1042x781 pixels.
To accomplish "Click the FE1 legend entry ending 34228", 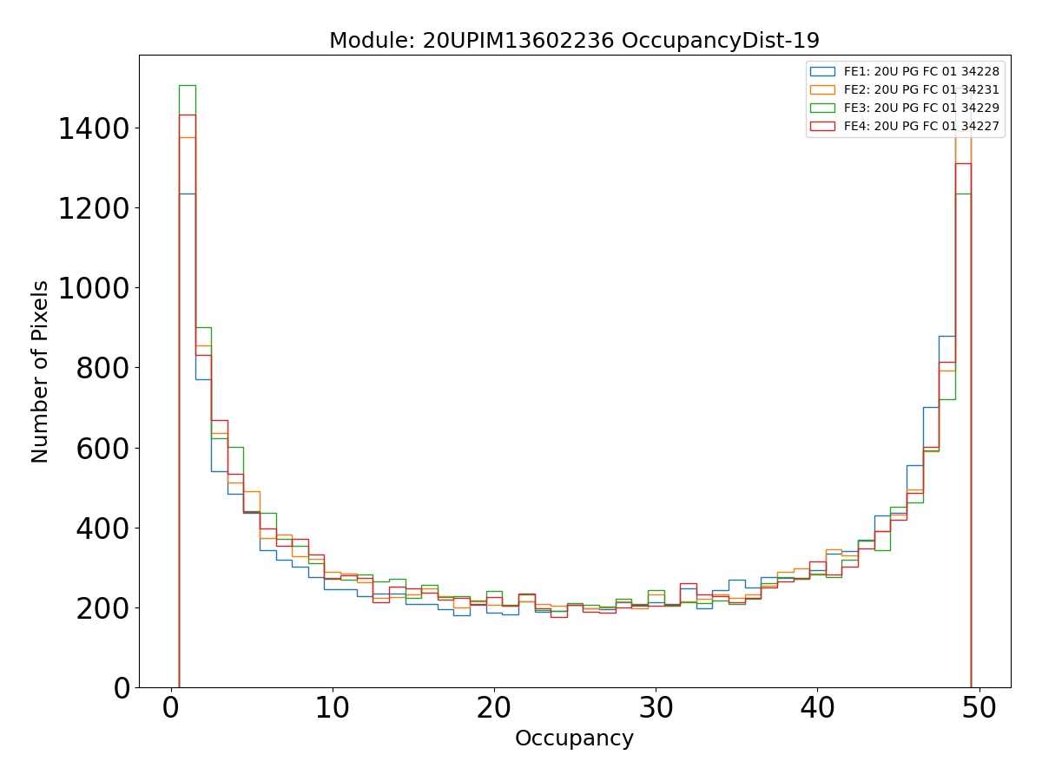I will point(921,72).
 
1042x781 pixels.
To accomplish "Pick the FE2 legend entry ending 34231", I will point(921,90).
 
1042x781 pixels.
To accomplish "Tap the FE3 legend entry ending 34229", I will point(921,108).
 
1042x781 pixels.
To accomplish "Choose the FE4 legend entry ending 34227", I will point(921,127).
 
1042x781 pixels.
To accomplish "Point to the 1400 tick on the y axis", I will point(94,129).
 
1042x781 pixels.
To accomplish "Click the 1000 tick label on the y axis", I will point(94,289).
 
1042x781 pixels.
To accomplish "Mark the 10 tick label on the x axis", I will point(333,709).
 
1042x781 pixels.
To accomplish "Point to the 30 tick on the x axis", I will point(656,709).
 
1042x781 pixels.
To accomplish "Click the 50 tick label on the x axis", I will point(979,709).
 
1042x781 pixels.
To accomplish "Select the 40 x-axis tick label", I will point(818,709).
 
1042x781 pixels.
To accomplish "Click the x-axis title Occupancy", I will point(574,739).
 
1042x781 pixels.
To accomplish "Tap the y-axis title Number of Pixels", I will point(41,371).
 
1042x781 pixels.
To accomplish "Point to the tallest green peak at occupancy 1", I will point(187,86).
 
